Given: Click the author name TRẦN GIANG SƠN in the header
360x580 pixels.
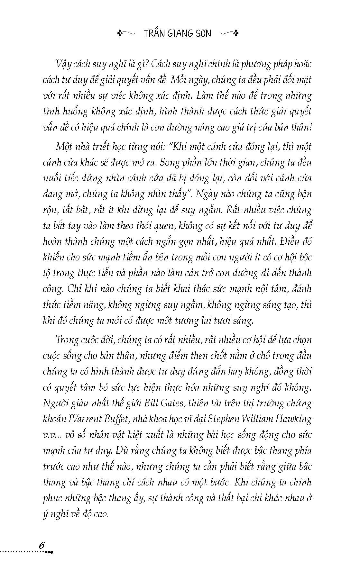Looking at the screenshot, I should (177, 33).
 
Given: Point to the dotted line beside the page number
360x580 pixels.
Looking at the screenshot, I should (23, 552).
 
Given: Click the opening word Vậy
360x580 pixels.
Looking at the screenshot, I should (64, 64).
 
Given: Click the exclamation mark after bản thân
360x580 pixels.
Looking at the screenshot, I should (310, 127).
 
